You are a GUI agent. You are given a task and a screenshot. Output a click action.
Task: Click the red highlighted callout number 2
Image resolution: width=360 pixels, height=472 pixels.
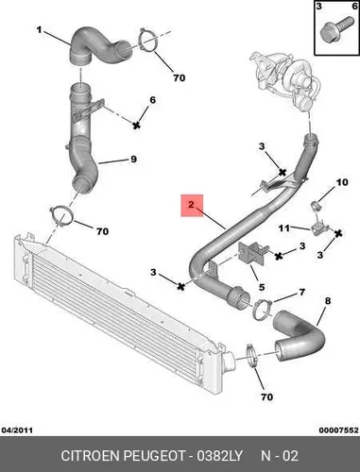(192, 205)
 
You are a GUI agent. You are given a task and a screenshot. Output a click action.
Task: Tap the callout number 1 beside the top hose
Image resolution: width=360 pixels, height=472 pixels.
(39, 30)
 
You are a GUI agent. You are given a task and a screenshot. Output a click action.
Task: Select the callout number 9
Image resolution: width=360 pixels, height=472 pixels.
(133, 159)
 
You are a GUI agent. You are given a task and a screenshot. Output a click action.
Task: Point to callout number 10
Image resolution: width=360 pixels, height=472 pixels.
(342, 182)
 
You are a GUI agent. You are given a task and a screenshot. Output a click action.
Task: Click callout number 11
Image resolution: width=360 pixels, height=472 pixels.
(283, 228)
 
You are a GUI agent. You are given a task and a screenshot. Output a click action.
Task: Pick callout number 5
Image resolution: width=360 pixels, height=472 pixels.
(262, 287)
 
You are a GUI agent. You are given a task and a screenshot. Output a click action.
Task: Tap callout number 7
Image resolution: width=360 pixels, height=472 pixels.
(302, 293)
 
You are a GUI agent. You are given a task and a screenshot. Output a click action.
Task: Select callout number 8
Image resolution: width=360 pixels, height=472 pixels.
(328, 301)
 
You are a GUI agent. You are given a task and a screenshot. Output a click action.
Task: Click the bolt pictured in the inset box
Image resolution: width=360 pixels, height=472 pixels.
(335, 27)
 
